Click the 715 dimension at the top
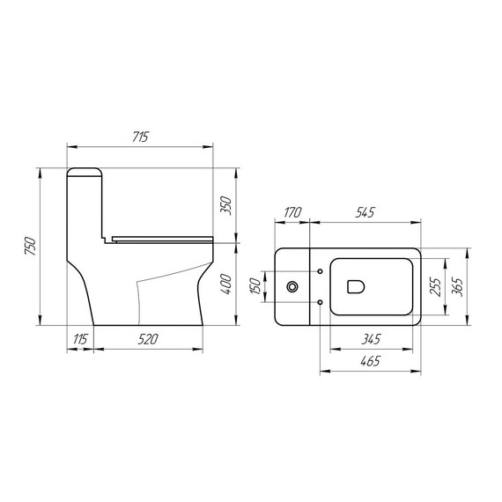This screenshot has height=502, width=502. [x=141, y=137]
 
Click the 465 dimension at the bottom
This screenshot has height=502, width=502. [x=370, y=362]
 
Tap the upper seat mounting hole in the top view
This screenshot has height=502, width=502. [x=319, y=269]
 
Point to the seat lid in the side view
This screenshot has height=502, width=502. [x=163, y=236]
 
